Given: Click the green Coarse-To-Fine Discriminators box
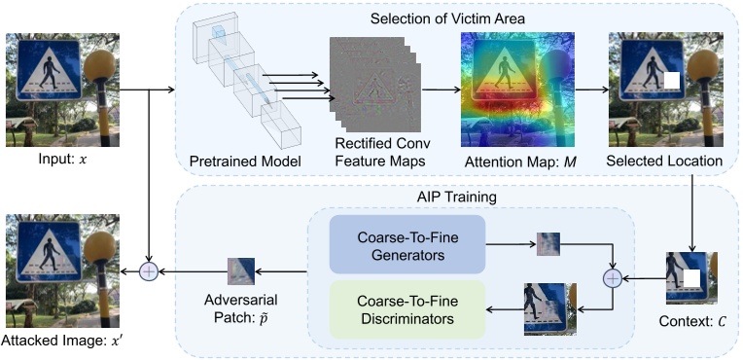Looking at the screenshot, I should [x=406, y=309].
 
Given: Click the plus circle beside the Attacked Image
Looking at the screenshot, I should [x=149, y=270].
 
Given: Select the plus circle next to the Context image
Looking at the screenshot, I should [x=613, y=278].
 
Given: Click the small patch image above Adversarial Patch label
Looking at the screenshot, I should [x=240, y=270].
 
